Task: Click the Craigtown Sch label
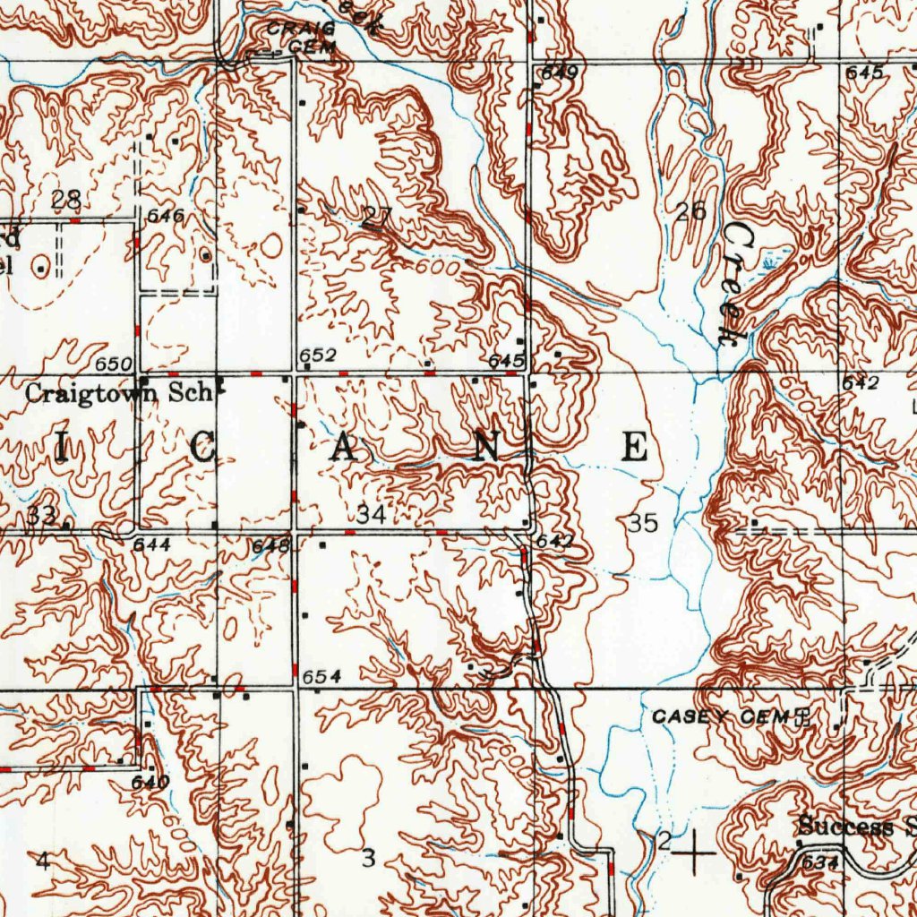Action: pyautogui.click(x=117, y=392)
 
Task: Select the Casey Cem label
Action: pyautogui.click(x=720, y=716)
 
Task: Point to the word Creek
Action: pyautogui.click(x=736, y=284)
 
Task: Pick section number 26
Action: pyautogui.click(x=691, y=212)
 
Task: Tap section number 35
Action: pyautogui.click(x=643, y=524)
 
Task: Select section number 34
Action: pyautogui.click(x=371, y=515)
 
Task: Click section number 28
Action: pyautogui.click(x=66, y=200)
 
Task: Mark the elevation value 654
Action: pyautogui.click(x=319, y=677)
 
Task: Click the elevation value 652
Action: pyautogui.click(x=317, y=356)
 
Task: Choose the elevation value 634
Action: pyautogui.click(x=819, y=863)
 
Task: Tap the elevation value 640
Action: pyautogui.click(x=150, y=782)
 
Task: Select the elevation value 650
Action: pyautogui.click(x=116, y=364)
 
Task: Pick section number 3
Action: pyautogui.click(x=367, y=859)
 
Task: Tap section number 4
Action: pyautogui.click(x=42, y=861)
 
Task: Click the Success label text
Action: pyautogui.click(x=846, y=827)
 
